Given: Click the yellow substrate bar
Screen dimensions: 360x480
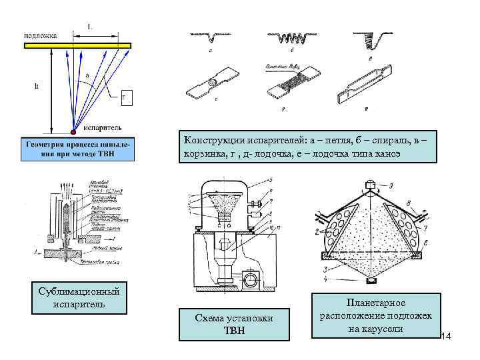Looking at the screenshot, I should pos(77,45).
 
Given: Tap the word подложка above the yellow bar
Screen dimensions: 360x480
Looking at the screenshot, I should pos(40,35).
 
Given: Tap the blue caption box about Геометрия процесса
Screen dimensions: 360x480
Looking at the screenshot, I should pos(78,149).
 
